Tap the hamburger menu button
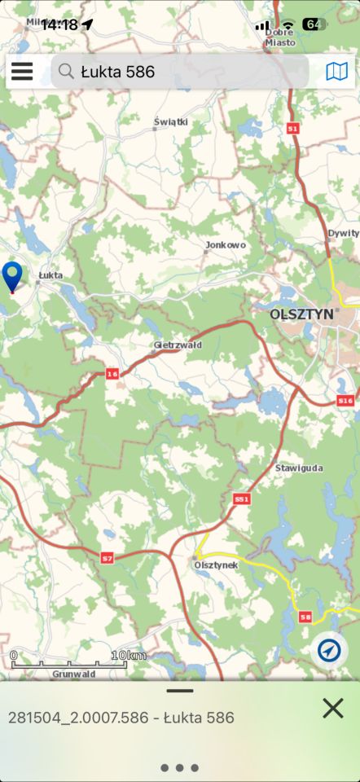coord(22,72)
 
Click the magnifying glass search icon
coord(66,72)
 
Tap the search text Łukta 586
coord(117,72)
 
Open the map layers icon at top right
coord(336,72)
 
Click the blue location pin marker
coord(12,276)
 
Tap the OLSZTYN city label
coord(302,314)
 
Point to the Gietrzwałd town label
coord(178,345)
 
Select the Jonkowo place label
coord(226,244)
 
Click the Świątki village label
coord(171,121)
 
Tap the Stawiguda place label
coord(299,468)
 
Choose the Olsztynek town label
coord(216,564)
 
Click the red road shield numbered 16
coord(112,374)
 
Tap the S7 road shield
coord(108,557)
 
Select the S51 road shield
coord(241,498)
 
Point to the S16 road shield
coord(345,401)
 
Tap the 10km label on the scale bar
coord(129,656)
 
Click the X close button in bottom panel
coord(332,708)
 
